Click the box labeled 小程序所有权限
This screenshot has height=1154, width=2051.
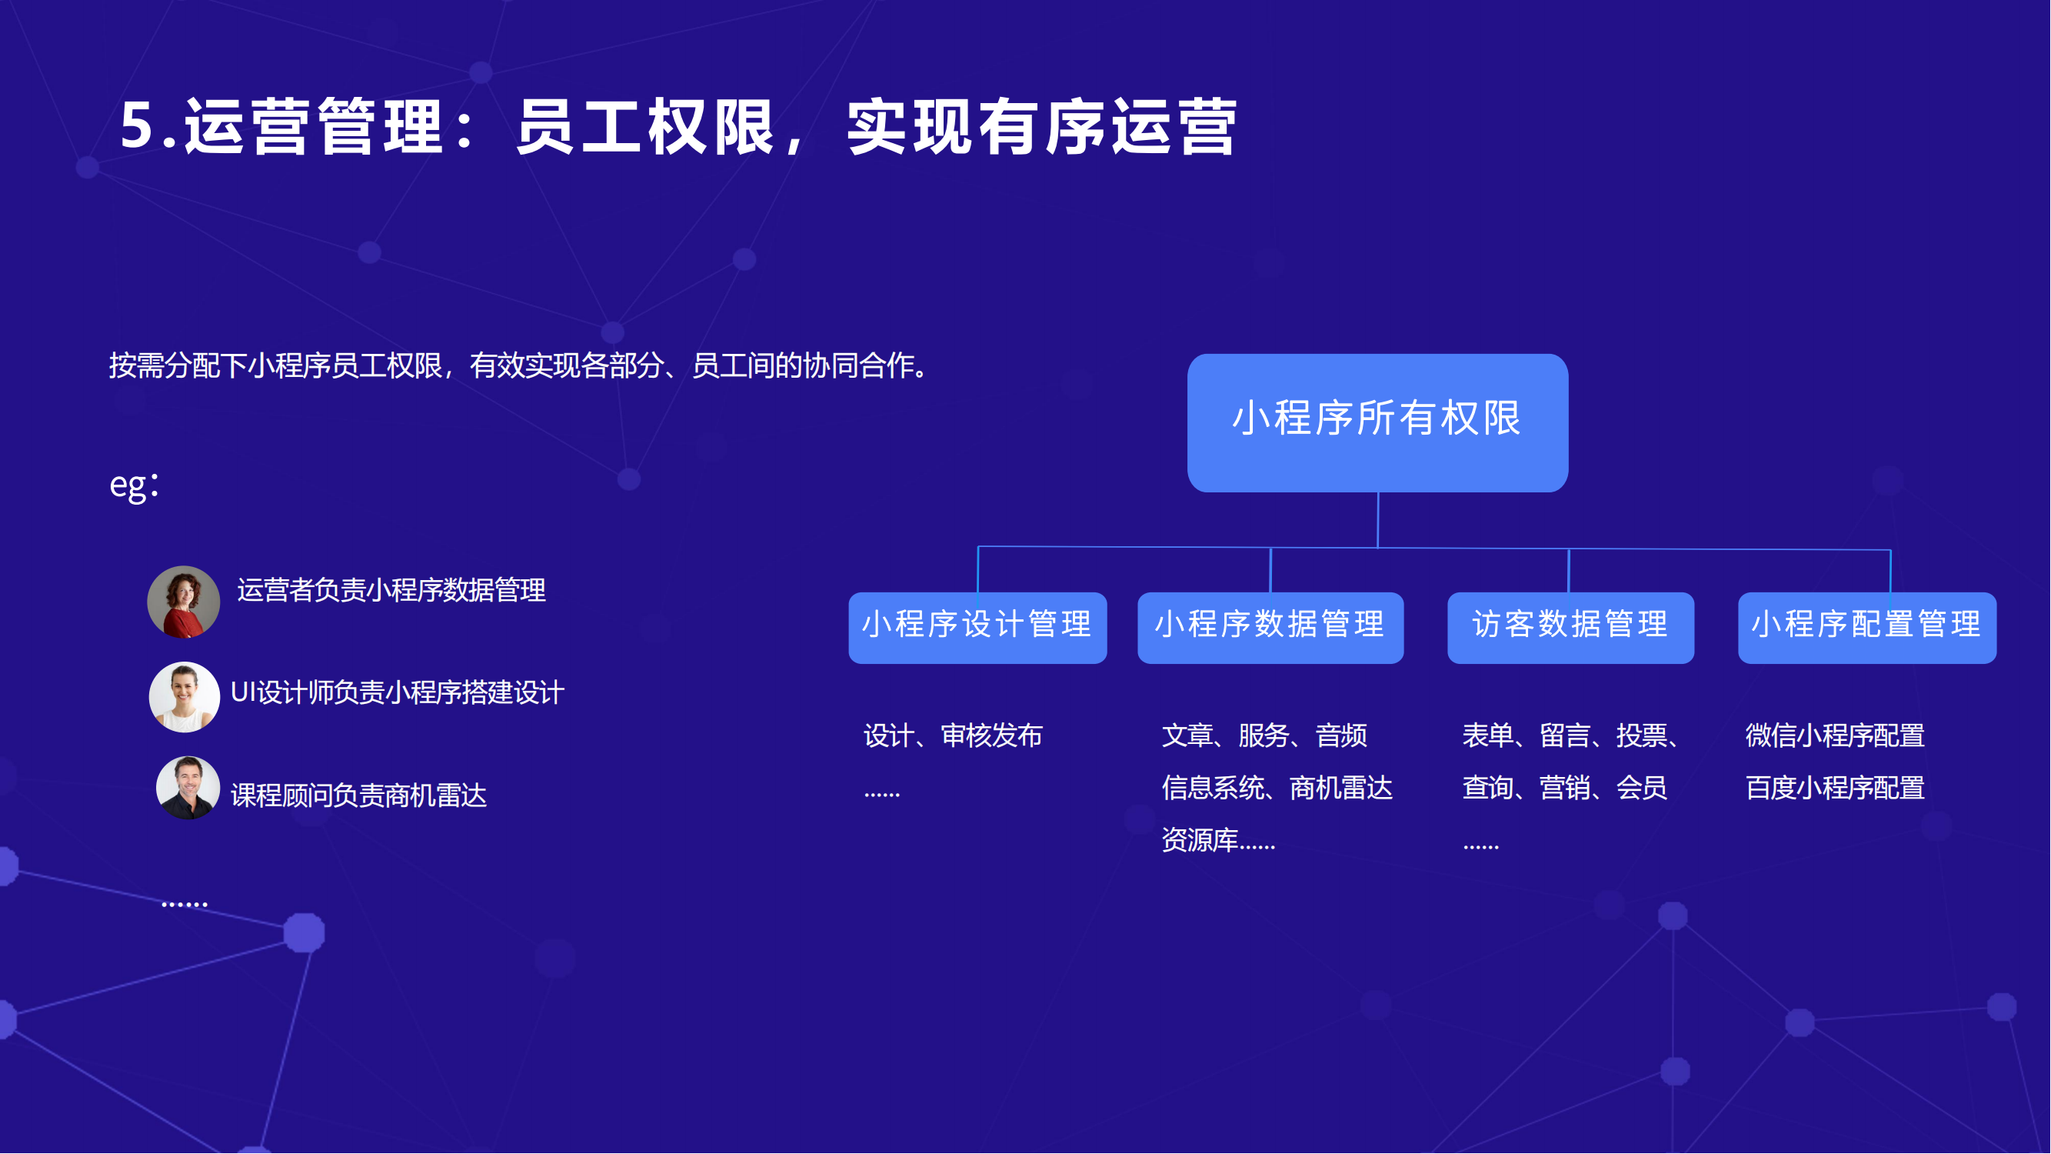click(1378, 423)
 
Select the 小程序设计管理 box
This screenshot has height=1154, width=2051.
click(977, 628)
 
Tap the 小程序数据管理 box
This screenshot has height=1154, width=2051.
click(1270, 628)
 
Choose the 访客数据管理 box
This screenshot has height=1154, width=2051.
click(1571, 628)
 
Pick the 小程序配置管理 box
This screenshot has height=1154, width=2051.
click(1868, 628)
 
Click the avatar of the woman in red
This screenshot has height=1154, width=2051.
click(184, 602)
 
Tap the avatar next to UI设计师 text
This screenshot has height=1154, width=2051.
click(185, 698)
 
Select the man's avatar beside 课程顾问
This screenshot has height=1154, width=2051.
click(188, 789)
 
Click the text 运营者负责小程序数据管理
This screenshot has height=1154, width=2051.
click(391, 590)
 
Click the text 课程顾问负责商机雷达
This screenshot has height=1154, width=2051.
click(359, 795)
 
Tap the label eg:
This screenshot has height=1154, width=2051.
click(135, 485)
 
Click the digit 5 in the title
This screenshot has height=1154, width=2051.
click(137, 125)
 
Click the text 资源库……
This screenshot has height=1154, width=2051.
click(1219, 840)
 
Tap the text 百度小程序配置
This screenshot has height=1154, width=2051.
click(1836, 789)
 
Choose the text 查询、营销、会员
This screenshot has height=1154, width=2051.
click(1565, 789)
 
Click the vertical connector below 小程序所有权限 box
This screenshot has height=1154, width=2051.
click(1378, 520)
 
